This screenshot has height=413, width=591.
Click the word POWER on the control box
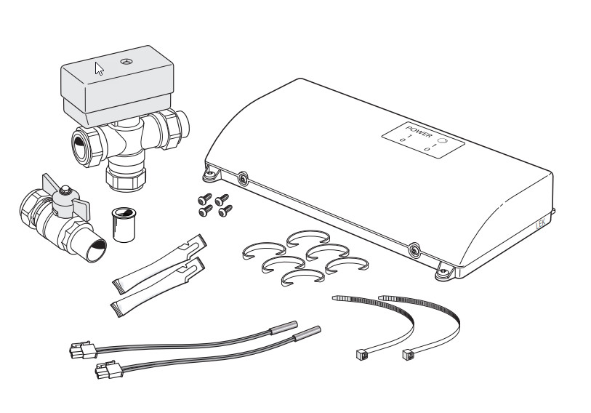[419, 131]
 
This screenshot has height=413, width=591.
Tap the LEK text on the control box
[541, 225]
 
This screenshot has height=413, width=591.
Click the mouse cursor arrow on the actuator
[99, 68]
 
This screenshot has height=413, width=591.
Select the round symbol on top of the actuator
[126, 61]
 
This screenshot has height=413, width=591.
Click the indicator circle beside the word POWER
[443, 141]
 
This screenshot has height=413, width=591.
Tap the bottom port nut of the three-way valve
[126, 177]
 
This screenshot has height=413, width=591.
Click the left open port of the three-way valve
[81, 145]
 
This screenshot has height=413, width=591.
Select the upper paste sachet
[159, 263]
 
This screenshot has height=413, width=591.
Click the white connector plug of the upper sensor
[83, 350]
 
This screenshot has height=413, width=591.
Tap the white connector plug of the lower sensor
[109, 370]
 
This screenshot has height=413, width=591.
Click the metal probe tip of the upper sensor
[284, 328]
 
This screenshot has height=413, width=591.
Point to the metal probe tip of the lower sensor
[307, 333]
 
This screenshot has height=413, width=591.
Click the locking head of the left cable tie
[361, 353]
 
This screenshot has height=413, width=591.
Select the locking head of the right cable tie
[407, 355]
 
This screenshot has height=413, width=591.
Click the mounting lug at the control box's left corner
[209, 175]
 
